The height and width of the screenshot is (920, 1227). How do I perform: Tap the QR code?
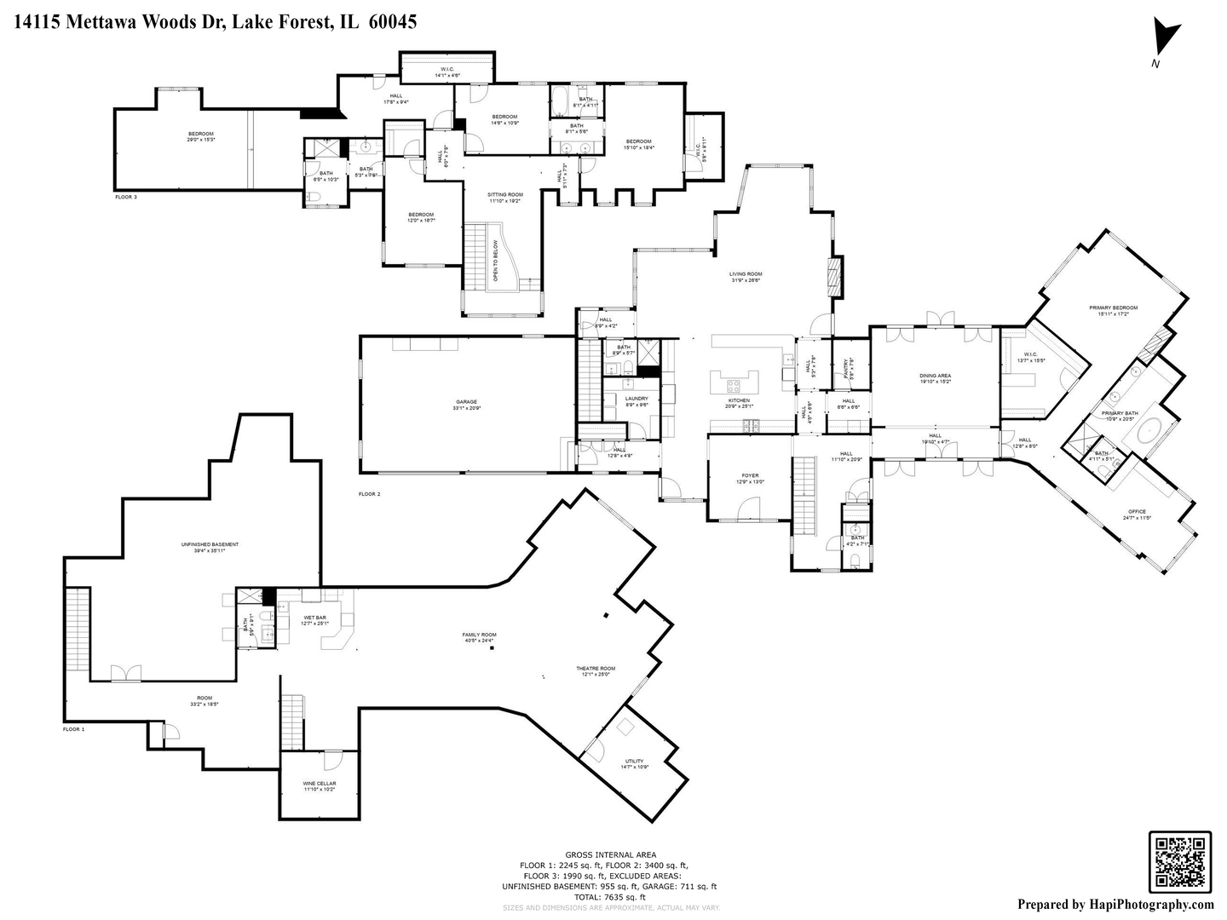coord(1179,861)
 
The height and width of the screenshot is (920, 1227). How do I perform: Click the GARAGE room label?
coord(466,402)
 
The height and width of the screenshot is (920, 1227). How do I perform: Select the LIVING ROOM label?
coord(746,275)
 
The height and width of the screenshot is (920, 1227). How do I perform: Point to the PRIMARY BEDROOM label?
coord(1113,308)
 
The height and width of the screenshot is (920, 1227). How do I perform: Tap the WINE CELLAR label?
coord(320,784)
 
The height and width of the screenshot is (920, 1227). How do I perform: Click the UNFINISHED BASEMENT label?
coord(210,545)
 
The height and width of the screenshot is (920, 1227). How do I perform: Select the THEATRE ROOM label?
coord(598,669)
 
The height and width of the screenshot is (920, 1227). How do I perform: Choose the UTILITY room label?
coord(634,762)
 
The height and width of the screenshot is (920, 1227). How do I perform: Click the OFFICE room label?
coord(1138,512)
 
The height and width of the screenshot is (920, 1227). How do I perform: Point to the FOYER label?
coord(750,476)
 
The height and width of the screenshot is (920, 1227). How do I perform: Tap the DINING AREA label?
coord(935,376)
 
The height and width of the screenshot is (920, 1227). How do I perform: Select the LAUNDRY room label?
coord(637,399)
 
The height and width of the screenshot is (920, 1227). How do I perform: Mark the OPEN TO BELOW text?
coord(495,262)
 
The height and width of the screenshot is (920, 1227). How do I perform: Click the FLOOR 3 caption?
coord(126,197)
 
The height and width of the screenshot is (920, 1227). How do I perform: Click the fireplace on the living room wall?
coord(835,276)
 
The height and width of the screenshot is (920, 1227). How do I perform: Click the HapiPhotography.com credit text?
coord(1115,905)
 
